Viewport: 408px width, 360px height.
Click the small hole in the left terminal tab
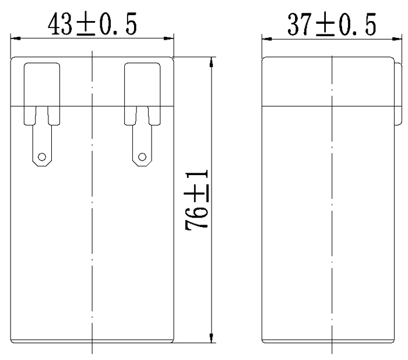point(41,156)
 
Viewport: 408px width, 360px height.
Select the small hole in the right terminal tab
point(142,156)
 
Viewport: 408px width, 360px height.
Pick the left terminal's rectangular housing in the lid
point(41,85)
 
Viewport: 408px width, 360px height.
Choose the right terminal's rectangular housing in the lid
point(142,85)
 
